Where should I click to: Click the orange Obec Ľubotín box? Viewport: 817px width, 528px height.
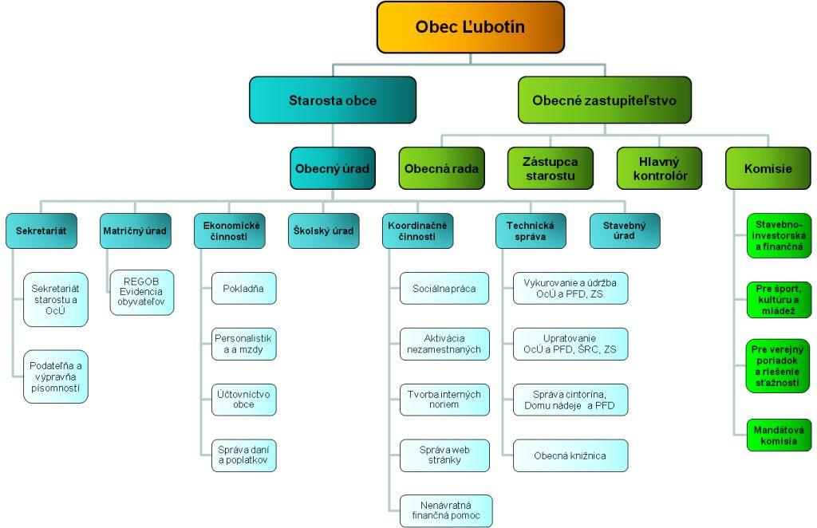point(470,27)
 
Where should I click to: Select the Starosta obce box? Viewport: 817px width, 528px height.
point(332,100)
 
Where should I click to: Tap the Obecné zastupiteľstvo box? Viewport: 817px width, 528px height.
point(604,100)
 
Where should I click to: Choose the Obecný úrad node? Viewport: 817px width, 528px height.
point(331,168)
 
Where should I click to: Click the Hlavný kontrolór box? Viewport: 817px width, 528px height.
point(659,168)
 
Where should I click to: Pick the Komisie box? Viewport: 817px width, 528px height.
point(768,168)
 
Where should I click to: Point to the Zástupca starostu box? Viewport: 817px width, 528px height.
point(550,168)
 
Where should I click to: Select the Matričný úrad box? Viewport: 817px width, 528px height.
point(135,231)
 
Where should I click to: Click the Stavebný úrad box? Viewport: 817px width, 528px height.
point(624,231)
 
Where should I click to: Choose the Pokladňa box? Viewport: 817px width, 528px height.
point(243,288)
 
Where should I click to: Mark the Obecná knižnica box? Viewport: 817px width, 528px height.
point(570,455)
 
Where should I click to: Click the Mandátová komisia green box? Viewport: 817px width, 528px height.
point(779,435)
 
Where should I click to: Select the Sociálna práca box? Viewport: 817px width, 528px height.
point(444,288)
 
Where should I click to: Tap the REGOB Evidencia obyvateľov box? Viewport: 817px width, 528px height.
point(141,292)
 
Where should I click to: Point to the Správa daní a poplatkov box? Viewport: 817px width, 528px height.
point(243,455)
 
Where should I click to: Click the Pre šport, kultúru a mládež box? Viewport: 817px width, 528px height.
point(779,299)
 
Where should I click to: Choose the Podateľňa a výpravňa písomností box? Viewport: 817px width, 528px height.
point(55,376)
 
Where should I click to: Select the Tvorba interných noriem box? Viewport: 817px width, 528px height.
point(444,400)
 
